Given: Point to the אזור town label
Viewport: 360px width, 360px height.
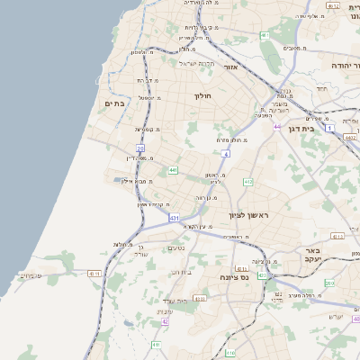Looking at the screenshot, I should pyautogui.click(x=229, y=67).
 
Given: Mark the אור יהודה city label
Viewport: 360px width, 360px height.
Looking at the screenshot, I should pyautogui.click(x=339, y=67).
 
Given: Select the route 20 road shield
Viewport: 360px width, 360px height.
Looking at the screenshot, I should pyautogui.click(x=140, y=148).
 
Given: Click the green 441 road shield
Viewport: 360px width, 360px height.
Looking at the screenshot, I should pyautogui.click(x=172, y=169).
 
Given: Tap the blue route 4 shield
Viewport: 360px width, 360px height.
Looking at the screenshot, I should pyautogui.click(x=227, y=154).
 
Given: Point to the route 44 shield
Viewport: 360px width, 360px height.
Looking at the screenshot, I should pyautogui.click(x=277, y=127).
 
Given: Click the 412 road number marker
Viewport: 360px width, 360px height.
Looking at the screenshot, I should pyautogui.click(x=247, y=182).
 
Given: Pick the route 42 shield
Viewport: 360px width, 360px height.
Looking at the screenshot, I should pyautogui.click(x=164, y=320).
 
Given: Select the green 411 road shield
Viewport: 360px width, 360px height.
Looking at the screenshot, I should pyautogui.click(x=156, y=345).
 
